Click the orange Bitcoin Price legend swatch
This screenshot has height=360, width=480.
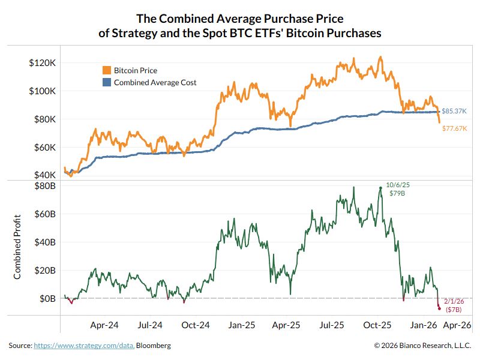(x=107, y=71)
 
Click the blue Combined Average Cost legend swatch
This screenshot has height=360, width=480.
(x=107, y=83)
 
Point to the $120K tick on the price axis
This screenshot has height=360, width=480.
(x=43, y=63)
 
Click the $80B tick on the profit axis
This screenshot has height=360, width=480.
(x=45, y=186)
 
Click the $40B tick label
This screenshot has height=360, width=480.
(x=45, y=242)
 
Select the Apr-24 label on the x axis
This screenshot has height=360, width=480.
(x=104, y=325)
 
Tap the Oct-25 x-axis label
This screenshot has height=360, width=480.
(x=378, y=325)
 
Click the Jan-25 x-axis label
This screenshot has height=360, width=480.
(x=241, y=325)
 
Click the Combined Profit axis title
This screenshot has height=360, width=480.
(x=17, y=247)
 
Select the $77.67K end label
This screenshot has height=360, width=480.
(x=455, y=128)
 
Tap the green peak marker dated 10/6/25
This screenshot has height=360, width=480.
(x=380, y=188)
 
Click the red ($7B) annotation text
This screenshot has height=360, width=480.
(x=453, y=310)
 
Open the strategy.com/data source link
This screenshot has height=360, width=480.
(x=84, y=346)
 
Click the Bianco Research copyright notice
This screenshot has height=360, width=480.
(x=422, y=346)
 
